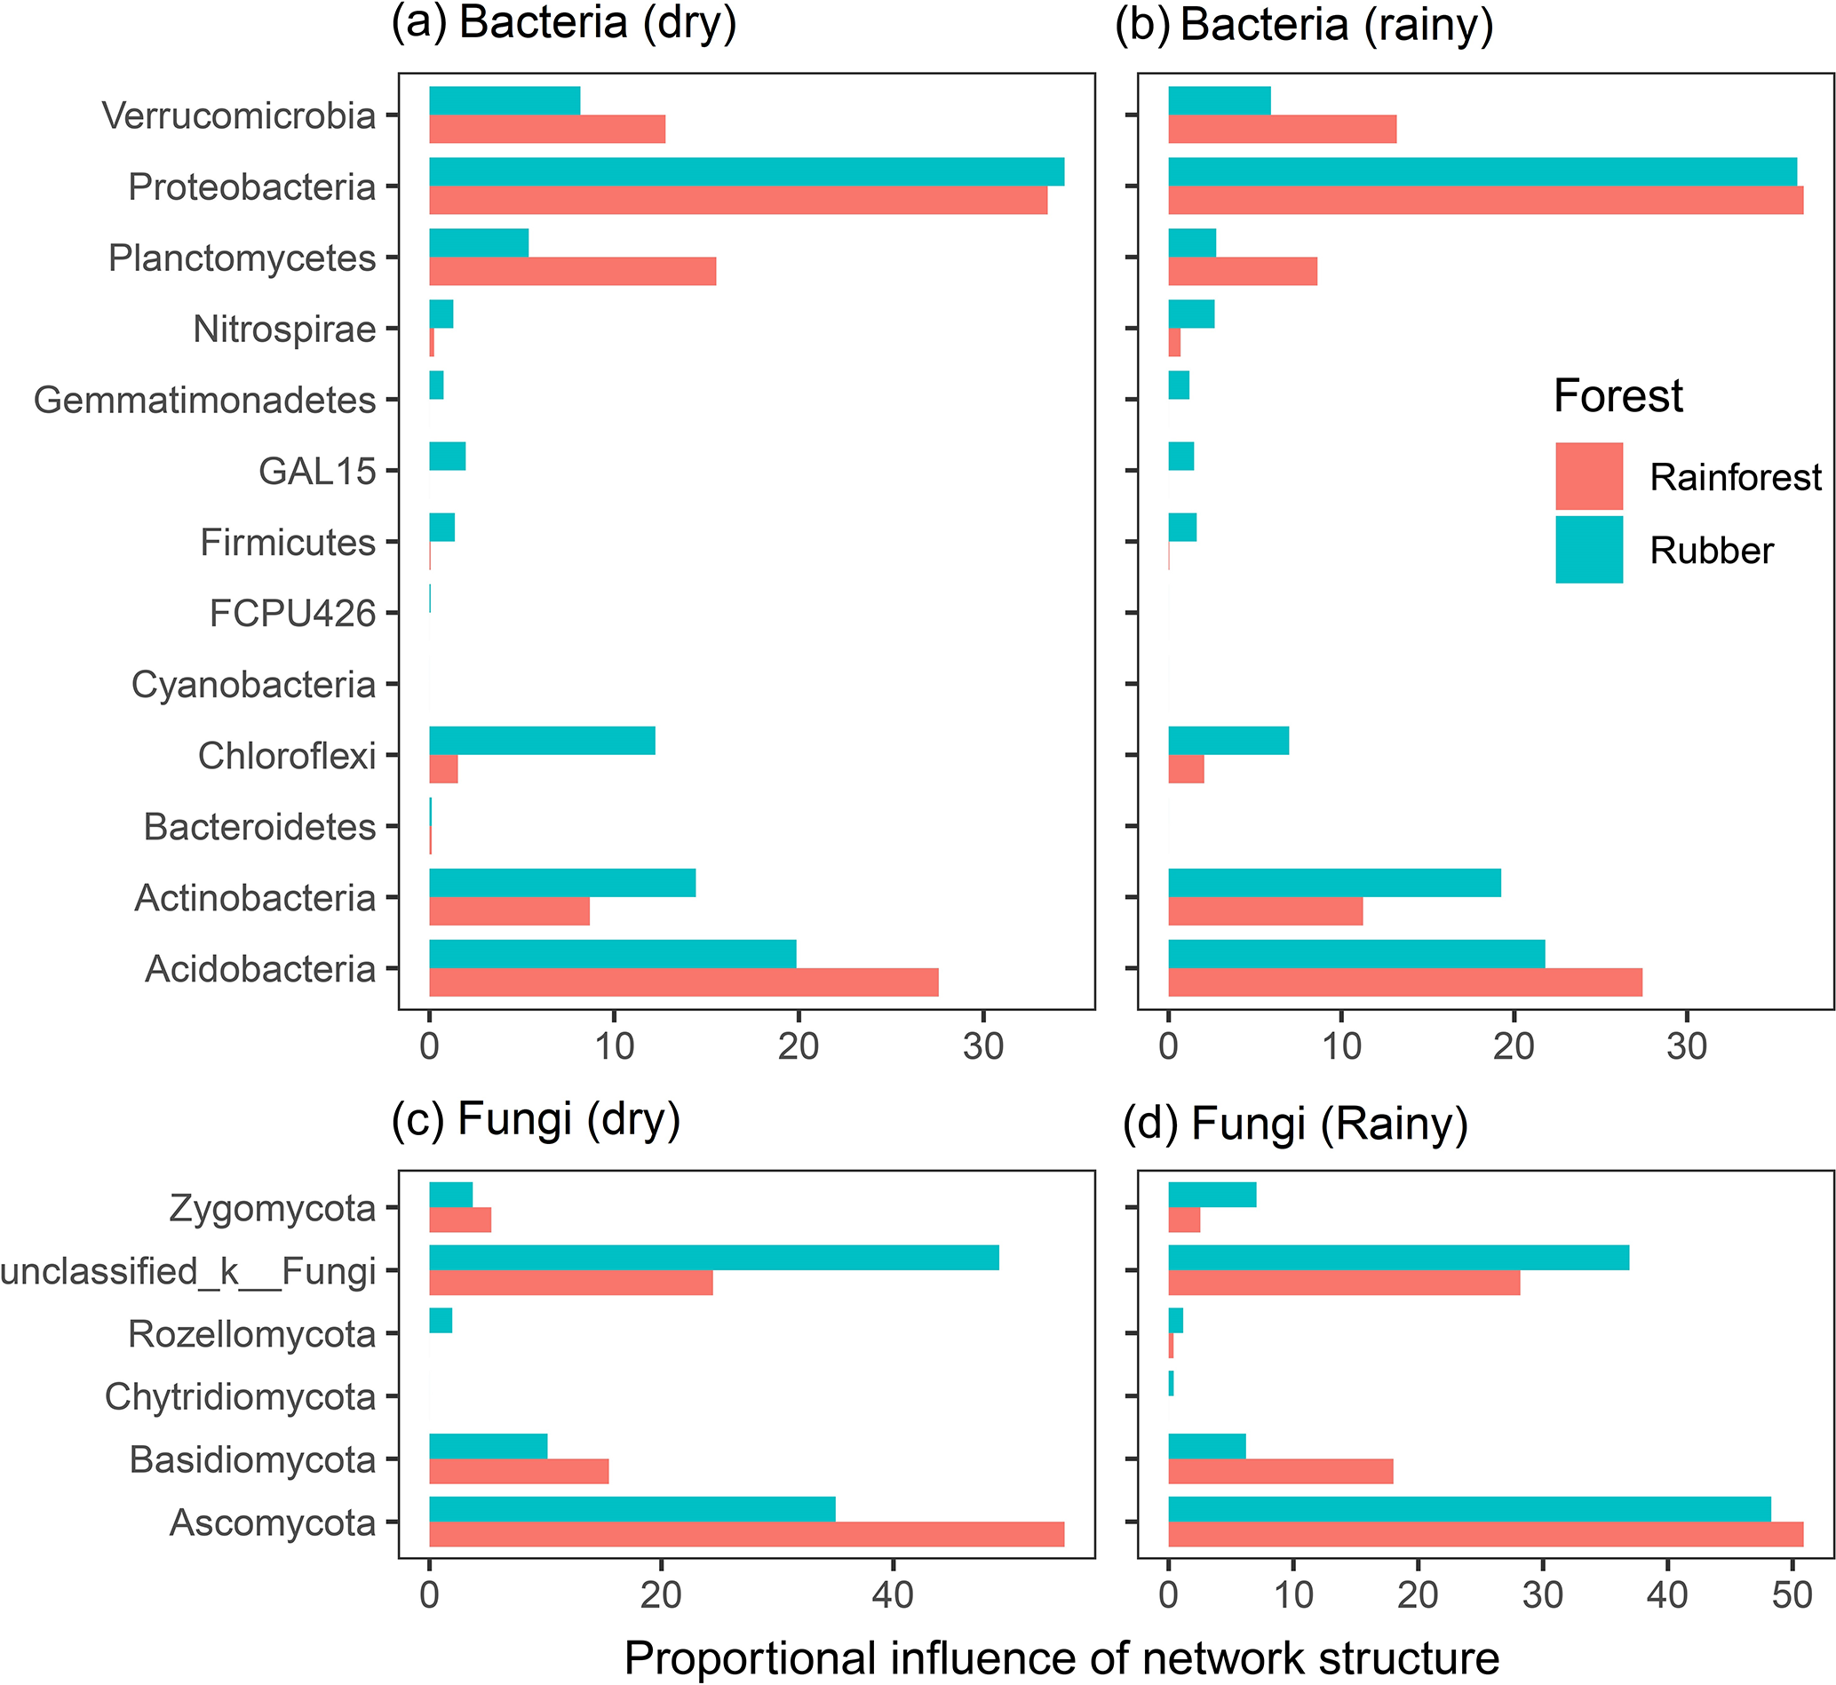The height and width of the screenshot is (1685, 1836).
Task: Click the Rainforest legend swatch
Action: tap(1588, 476)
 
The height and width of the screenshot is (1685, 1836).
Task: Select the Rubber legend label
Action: tap(1711, 551)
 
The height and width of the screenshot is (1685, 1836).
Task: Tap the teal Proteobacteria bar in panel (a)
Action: tap(746, 171)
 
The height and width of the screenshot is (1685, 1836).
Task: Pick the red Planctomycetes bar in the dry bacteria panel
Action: tap(572, 272)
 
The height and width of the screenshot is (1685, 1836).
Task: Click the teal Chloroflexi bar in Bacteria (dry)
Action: tap(542, 741)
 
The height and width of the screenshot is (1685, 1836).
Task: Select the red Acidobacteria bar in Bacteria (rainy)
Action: tap(1404, 983)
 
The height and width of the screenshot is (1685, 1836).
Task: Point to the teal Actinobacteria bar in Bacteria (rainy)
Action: tap(1334, 883)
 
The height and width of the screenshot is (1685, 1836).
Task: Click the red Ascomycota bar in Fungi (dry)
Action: tap(746, 1535)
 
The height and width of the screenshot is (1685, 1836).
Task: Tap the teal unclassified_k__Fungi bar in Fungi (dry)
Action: tap(713, 1258)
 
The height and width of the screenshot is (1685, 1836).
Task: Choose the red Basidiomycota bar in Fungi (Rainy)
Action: tap(1280, 1472)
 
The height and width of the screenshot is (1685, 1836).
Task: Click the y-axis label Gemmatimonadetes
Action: tap(204, 401)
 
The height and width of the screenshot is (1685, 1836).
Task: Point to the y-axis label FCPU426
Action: tap(291, 614)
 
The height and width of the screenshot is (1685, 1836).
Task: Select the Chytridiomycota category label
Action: tap(240, 1397)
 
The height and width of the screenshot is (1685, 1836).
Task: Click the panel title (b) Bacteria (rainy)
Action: tap(1304, 24)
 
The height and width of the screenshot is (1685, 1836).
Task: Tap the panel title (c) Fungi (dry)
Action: tap(536, 1120)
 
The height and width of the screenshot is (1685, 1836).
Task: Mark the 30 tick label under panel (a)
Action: tap(982, 1046)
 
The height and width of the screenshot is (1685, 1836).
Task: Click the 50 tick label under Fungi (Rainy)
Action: tap(1792, 1594)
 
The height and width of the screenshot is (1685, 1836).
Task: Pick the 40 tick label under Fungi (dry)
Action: tap(892, 1594)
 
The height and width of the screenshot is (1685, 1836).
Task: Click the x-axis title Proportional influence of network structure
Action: tap(1061, 1658)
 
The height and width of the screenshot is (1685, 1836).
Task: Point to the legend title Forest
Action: tap(1617, 396)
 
